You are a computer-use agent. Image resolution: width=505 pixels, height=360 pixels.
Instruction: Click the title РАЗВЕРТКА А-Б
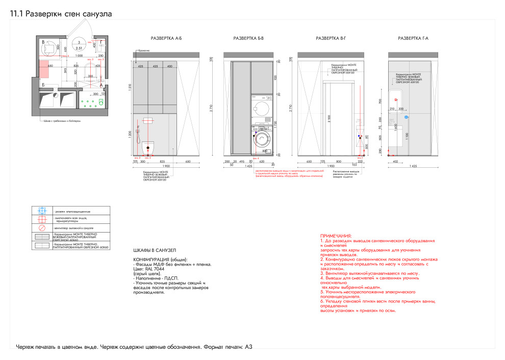pyautogui.click(x=166, y=39)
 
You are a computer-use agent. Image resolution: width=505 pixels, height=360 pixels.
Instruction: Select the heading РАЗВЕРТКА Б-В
pyautogui.click(x=248, y=39)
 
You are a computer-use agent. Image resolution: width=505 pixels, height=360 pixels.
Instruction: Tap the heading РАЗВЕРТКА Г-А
pyautogui.click(x=413, y=39)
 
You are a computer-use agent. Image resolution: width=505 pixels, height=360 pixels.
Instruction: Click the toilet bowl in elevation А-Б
pyautogui.click(x=148, y=147)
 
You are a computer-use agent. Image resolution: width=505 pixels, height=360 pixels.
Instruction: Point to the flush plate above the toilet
pyautogui.click(x=148, y=121)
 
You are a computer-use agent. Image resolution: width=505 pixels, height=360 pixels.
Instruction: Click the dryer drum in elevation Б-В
pyautogui.click(x=264, y=109)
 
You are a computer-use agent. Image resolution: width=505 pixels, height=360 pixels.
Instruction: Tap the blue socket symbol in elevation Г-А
pyautogui.click(x=413, y=117)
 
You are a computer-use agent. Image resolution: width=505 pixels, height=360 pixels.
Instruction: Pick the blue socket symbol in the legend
pyautogui.click(x=43, y=211)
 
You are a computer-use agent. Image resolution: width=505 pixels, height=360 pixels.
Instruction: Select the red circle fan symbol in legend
pyautogui.click(x=43, y=228)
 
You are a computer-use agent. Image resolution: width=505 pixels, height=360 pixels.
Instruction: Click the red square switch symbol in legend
pyautogui.click(x=43, y=219)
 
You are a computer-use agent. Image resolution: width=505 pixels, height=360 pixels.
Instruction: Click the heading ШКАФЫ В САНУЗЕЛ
pyautogui.click(x=154, y=250)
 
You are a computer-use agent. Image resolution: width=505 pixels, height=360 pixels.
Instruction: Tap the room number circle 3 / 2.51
pyautogui.click(x=79, y=45)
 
